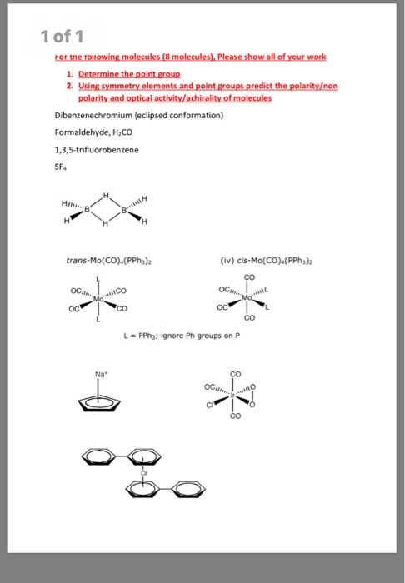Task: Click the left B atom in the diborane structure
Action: pos(87,212)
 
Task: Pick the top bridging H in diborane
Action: pos(106,195)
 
